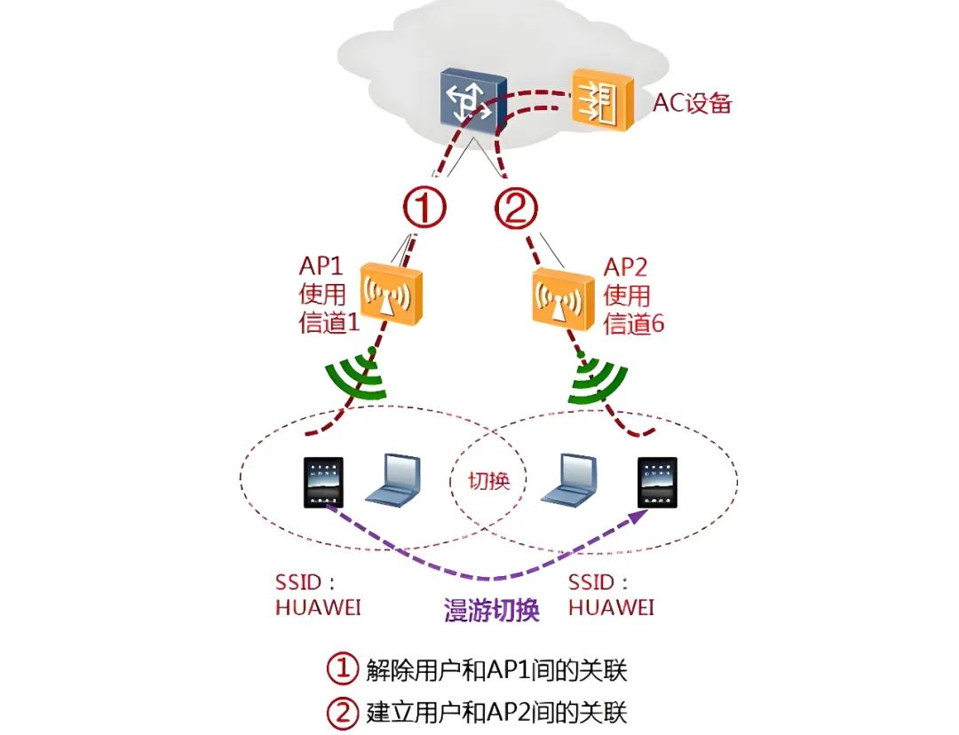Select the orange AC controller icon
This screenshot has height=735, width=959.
601,100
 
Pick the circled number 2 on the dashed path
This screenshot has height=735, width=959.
517,209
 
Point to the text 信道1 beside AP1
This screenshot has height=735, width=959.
329,323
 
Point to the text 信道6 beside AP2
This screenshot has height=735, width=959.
634,323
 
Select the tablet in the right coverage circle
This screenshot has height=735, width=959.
657,482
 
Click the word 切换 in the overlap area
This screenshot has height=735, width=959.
488,480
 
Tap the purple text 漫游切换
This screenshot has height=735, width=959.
491,611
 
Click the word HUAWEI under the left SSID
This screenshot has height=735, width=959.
318,608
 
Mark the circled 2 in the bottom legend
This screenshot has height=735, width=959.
342,711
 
